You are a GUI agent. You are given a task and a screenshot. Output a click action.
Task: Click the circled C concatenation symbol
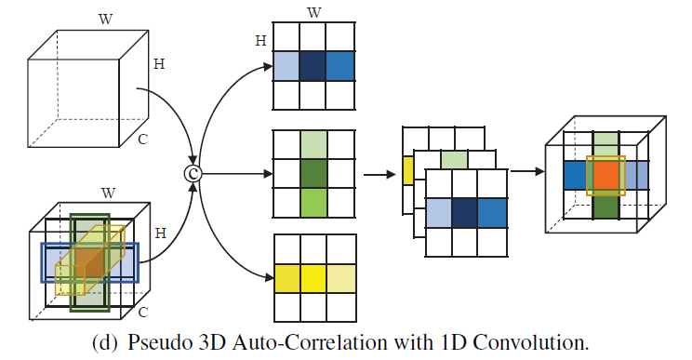pyautogui.click(x=193, y=171)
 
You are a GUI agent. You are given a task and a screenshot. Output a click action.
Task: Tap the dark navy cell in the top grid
pyautogui.click(x=314, y=66)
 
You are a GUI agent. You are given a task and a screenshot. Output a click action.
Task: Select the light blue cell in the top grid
pyautogui.click(x=286, y=66)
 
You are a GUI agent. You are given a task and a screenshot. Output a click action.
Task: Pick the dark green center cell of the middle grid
pyautogui.click(x=314, y=173)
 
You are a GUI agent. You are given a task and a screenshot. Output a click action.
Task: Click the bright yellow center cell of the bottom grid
pyautogui.click(x=314, y=278)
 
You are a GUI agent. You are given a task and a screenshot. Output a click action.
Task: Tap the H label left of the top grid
pyautogui.click(x=261, y=41)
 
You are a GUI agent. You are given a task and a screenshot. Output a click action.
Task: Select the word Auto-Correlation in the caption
pyautogui.click(x=290, y=341)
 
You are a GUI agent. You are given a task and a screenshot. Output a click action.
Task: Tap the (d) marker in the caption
pyautogui.click(x=105, y=341)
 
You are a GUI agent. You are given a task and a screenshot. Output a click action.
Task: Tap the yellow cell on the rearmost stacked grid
pyautogui.click(x=408, y=169)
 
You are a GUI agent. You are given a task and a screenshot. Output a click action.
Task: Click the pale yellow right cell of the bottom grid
pyautogui.click(x=342, y=278)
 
